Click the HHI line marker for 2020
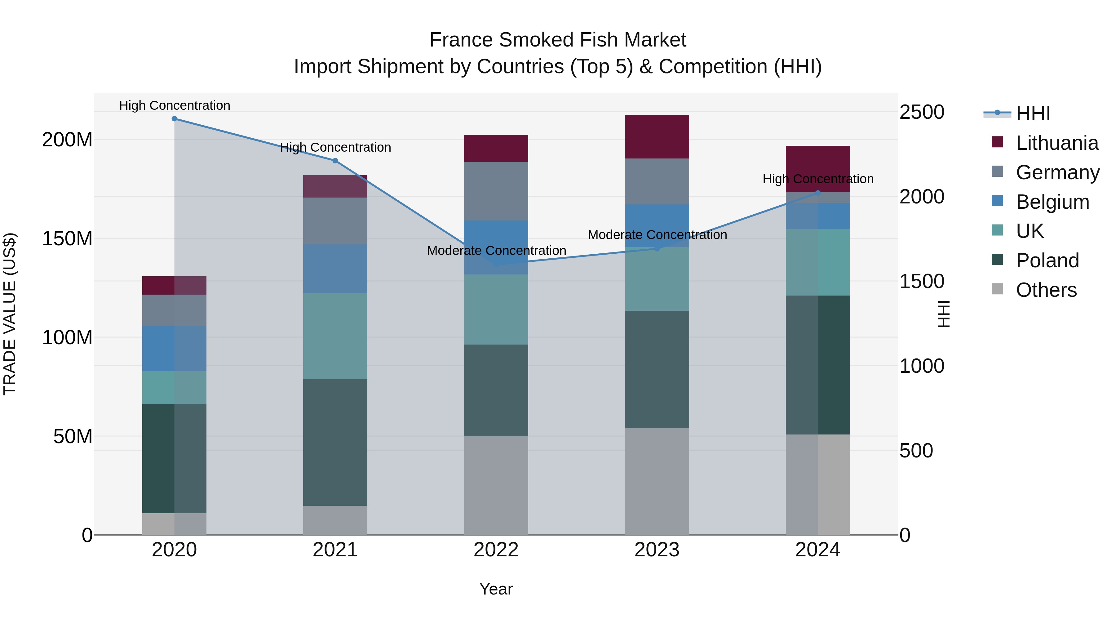(174, 119)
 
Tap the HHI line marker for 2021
(335, 161)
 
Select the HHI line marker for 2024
(817, 193)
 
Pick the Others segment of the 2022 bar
(496, 485)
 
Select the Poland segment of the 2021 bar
(335, 442)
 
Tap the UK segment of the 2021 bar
(335, 336)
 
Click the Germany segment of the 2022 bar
(496, 191)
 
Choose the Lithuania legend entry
(1057, 143)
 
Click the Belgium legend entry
(1052, 202)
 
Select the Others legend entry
(1046, 290)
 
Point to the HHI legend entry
(1033, 114)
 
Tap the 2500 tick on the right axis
(922, 112)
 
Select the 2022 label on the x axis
(496, 550)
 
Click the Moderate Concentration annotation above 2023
(657, 235)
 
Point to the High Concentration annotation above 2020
(175, 105)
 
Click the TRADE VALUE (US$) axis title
(10, 314)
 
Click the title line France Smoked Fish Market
(558, 40)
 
